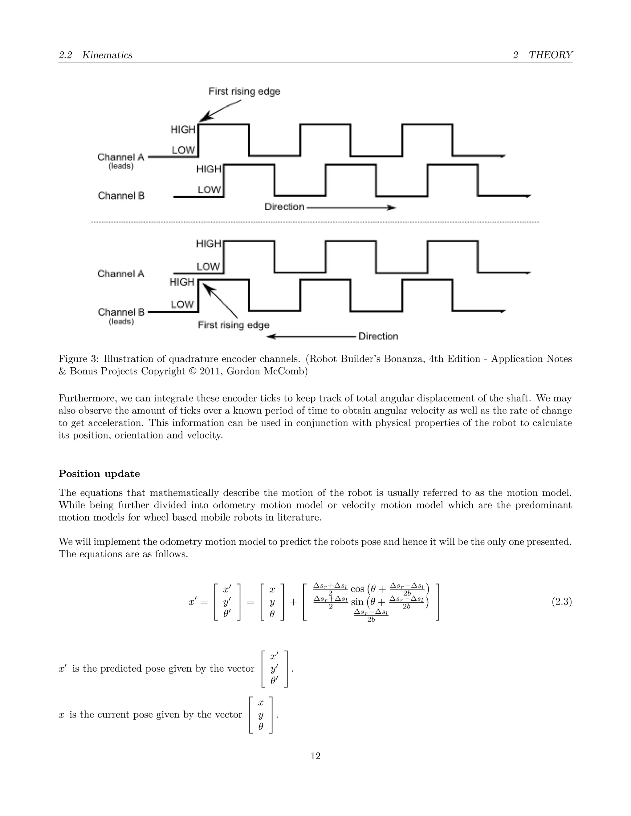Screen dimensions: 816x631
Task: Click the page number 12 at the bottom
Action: (315, 756)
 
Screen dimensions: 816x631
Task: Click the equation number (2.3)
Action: (561, 602)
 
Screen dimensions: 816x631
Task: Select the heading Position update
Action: (99, 474)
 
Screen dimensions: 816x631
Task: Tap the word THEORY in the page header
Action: (550, 55)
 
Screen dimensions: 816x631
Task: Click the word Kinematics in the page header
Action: (107, 55)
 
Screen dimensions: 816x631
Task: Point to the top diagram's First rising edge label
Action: (244, 91)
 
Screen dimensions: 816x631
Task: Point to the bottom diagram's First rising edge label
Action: (233, 325)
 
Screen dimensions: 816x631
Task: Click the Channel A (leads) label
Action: (121, 160)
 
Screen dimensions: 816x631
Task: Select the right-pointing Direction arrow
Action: (351, 207)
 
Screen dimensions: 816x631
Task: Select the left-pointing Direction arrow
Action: (311, 336)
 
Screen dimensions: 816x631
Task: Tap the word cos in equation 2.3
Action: (357, 589)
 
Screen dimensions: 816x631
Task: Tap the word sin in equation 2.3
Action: (357, 602)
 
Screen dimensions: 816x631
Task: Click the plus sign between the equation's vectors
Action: (293, 602)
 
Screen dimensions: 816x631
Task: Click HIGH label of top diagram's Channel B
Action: (209, 169)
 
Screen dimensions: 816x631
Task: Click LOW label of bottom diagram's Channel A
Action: (208, 267)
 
